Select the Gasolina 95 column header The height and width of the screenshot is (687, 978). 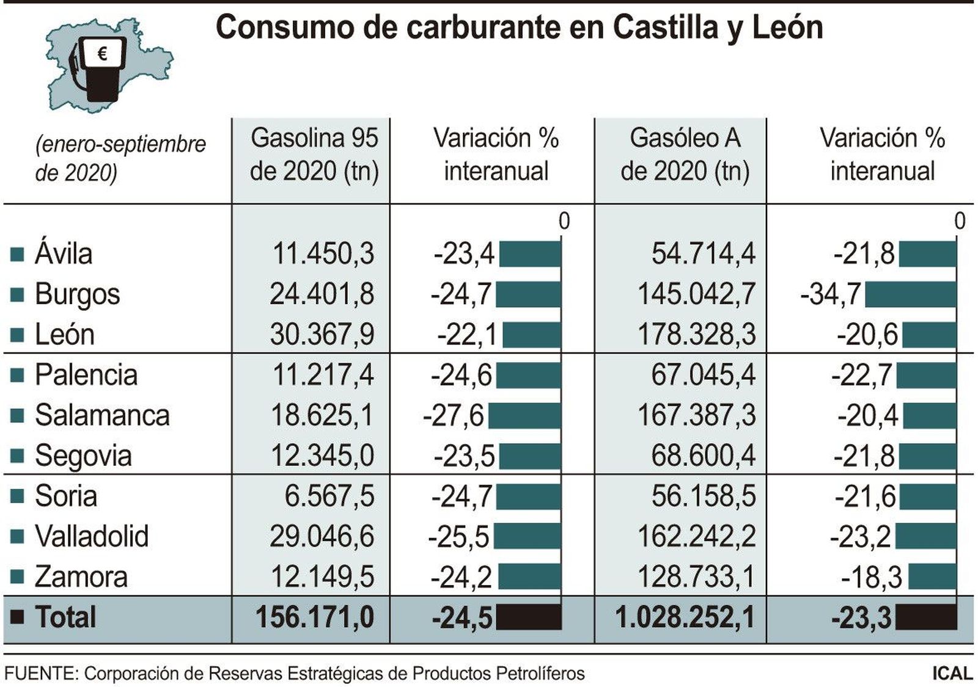pyautogui.click(x=314, y=154)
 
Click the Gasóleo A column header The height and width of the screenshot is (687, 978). pyautogui.click(x=685, y=154)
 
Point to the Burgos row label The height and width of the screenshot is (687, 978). pyautogui.click(x=77, y=294)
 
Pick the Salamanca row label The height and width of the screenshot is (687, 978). pyautogui.click(x=101, y=416)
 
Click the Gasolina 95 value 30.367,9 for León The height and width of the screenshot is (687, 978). pyautogui.click(x=322, y=335)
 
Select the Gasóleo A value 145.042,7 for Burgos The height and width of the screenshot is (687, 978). pyautogui.click(x=696, y=294)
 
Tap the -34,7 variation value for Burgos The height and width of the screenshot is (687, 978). pyautogui.click(x=831, y=294)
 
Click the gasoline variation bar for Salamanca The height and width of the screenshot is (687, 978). pyautogui.click(x=524, y=416)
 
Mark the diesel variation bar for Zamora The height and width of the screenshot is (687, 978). pyautogui.click(x=932, y=576)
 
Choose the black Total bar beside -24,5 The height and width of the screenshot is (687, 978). pyautogui.click(x=528, y=617)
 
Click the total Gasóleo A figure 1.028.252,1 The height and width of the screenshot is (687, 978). pyautogui.click(x=685, y=617)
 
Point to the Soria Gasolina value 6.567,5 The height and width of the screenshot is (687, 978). pyautogui.click(x=329, y=496)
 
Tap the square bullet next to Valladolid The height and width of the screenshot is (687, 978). pyautogui.click(x=17, y=537)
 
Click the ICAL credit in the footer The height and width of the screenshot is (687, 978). pyautogui.click(x=952, y=674)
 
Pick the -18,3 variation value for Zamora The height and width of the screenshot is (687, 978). pyautogui.click(x=871, y=577)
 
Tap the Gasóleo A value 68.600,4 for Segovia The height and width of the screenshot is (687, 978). pyautogui.click(x=703, y=456)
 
